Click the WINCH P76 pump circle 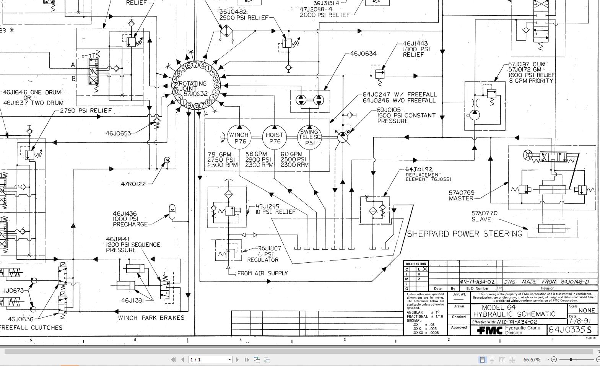239,137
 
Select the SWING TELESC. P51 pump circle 309,137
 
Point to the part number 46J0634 363,54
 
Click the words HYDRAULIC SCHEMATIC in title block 514,314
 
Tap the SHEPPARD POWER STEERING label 464,234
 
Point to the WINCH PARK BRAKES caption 151,318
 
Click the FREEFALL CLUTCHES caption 31,327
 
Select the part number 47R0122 133,184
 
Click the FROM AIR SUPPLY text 262,273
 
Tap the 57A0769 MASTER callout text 462,195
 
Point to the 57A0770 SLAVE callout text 484,216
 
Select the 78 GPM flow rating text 220,154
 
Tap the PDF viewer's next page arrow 237,359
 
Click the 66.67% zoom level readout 532,359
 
